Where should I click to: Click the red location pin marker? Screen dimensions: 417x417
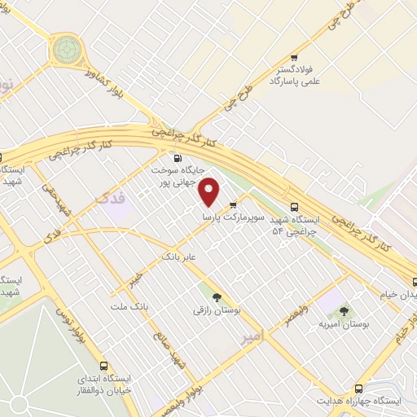(x=211, y=192)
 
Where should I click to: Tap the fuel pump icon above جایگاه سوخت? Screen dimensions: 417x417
(x=177, y=158)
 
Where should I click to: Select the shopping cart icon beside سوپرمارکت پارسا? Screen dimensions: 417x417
(x=234, y=204)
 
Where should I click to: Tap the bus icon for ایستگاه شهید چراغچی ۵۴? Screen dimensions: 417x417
(x=294, y=207)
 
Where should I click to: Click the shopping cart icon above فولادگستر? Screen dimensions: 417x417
(x=294, y=58)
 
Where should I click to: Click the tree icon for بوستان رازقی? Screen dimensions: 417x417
(x=216, y=298)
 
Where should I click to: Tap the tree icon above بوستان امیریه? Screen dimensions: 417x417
(x=343, y=310)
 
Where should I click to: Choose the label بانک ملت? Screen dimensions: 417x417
(x=129, y=306)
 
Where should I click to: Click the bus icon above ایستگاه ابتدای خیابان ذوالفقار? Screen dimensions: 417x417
(x=103, y=367)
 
